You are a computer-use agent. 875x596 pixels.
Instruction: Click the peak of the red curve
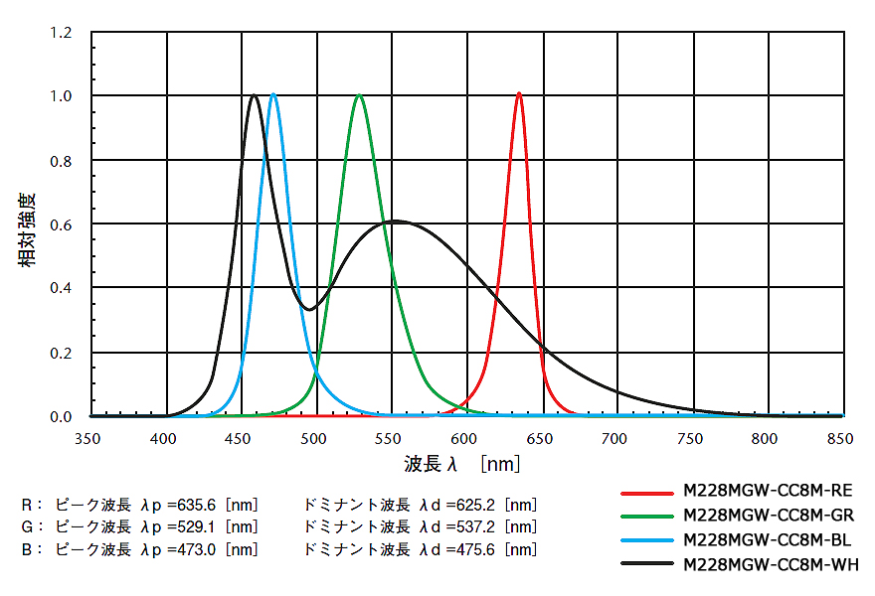pos(519,94)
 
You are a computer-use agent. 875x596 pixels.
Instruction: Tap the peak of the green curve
pos(359,95)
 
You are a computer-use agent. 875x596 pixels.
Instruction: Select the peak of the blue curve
pos(273,94)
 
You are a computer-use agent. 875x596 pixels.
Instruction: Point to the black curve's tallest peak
pos(255,95)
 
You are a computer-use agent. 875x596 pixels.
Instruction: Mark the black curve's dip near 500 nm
pos(309,309)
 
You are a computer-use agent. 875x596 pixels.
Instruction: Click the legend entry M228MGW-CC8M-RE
pos(767,491)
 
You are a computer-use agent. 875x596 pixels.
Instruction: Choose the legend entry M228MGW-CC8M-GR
pos(767,516)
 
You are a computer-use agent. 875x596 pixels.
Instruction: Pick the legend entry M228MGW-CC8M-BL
pos(767,540)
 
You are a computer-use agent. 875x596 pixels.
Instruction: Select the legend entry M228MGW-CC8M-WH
pos(767,565)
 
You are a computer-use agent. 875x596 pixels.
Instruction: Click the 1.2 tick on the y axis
pos(61,33)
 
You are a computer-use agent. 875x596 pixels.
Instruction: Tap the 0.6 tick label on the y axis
pos(61,224)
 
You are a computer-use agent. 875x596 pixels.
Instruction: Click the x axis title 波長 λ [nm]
pos(461,464)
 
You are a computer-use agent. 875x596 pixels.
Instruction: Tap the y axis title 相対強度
pos(27,229)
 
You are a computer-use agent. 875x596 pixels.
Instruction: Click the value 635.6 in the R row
pos(197,504)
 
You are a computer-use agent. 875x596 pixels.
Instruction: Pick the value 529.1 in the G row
pos(197,525)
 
